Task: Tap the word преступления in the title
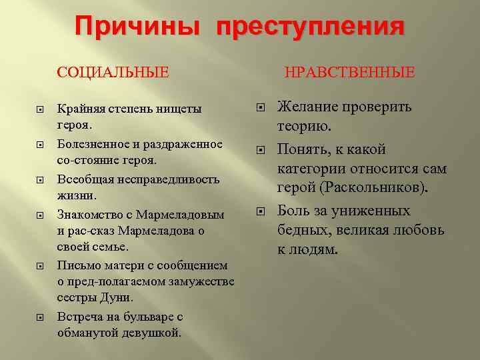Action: (310, 27)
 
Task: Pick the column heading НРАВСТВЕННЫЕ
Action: (349, 71)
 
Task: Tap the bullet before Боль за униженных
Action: (261, 211)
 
